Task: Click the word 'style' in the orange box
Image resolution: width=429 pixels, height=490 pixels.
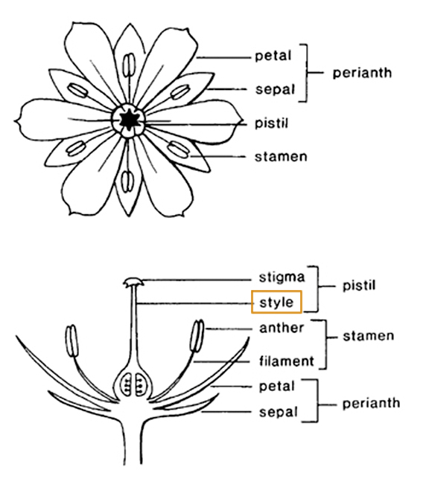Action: click(x=276, y=303)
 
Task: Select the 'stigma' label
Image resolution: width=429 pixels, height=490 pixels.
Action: click(x=282, y=277)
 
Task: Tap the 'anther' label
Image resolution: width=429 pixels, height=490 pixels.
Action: click(x=282, y=328)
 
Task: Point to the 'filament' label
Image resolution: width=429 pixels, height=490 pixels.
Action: click(x=286, y=361)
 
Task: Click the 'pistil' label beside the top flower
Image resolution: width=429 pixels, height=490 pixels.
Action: click(x=271, y=123)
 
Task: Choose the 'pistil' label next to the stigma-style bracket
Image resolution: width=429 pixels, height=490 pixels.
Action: click(x=358, y=286)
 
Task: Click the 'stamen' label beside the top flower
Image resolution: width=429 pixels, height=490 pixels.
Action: click(x=281, y=157)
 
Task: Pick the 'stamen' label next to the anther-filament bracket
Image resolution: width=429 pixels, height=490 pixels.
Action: click(x=368, y=336)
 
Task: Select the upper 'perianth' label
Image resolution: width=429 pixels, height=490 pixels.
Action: click(x=362, y=73)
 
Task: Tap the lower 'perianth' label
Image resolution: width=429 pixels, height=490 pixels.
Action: click(x=371, y=404)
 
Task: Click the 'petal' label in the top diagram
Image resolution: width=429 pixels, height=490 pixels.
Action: click(x=273, y=57)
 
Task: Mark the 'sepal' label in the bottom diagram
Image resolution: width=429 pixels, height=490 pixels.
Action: click(x=278, y=413)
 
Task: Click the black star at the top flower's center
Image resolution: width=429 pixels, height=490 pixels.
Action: click(x=128, y=120)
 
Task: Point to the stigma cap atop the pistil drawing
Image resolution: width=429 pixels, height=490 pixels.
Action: click(x=133, y=282)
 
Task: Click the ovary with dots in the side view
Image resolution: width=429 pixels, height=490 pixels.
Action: click(x=133, y=383)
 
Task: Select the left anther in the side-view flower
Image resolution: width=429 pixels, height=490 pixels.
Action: click(x=71, y=341)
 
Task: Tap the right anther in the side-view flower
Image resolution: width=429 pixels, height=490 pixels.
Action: click(x=197, y=336)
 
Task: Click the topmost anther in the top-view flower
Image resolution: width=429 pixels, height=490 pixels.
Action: click(x=129, y=65)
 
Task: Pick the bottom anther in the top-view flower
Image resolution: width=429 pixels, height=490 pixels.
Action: click(x=127, y=181)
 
